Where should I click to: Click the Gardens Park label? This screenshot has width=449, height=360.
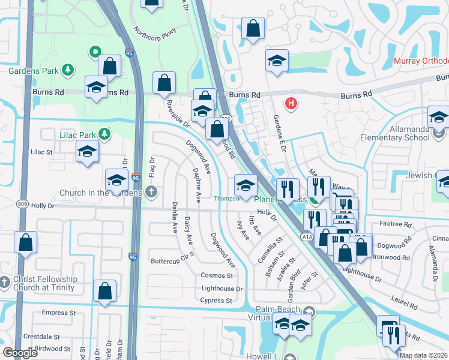click(33, 71)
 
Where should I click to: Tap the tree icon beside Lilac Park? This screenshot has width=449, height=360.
click(105, 133)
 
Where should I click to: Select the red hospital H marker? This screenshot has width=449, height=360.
click(291, 104)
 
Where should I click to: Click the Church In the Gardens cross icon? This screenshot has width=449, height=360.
click(151, 192)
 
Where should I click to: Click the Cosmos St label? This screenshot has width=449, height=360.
click(217, 275)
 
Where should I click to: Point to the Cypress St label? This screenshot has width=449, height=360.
click(216, 300)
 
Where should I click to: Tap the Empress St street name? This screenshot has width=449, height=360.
click(58, 313)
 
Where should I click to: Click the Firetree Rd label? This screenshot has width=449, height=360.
click(395, 224)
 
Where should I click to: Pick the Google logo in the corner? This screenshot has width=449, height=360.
click(20, 352)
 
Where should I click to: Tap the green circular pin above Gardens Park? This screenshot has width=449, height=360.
click(95, 53)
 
